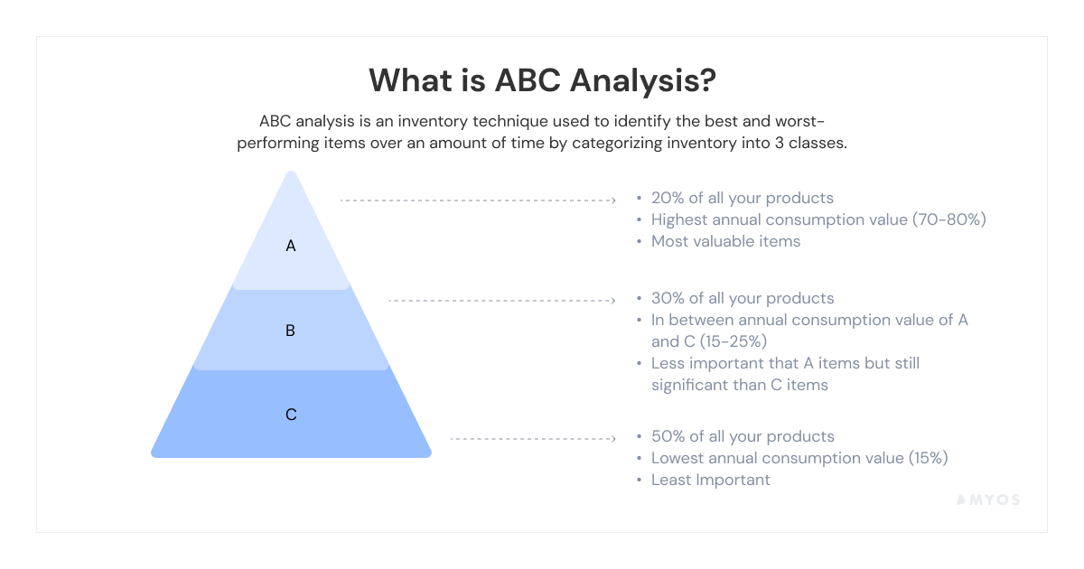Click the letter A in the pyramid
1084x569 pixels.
290,246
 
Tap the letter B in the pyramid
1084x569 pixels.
290,331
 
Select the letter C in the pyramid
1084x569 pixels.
291,415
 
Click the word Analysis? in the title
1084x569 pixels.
642,80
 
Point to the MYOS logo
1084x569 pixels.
988,499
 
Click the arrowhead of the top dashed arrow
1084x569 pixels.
613,201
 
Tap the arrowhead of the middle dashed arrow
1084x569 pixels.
613,301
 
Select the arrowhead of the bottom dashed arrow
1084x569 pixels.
613,439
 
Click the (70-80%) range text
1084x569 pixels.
949,219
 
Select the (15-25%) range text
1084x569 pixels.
734,341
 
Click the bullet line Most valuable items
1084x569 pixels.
725,241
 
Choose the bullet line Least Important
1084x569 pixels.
710,480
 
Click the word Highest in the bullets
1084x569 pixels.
679,220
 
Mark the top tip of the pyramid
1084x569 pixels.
291,171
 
